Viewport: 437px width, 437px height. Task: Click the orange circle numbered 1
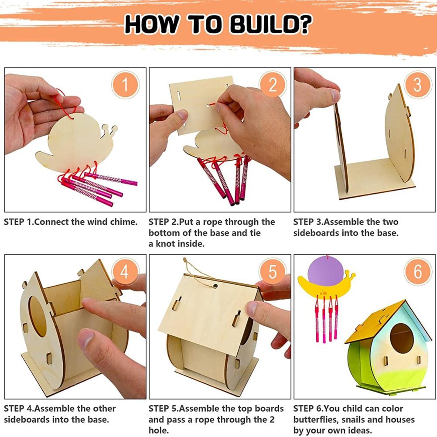pos(125,85)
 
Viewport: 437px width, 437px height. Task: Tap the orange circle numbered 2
pos(273,85)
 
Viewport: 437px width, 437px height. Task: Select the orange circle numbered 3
pos(417,85)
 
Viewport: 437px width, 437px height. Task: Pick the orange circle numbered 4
pos(125,272)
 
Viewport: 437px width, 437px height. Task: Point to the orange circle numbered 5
pos(273,272)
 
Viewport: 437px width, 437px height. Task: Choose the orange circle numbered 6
pos(417,272)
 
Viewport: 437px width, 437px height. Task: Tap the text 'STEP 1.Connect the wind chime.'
pos(71,222)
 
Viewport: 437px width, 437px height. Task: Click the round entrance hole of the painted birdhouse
pos(402,338)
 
